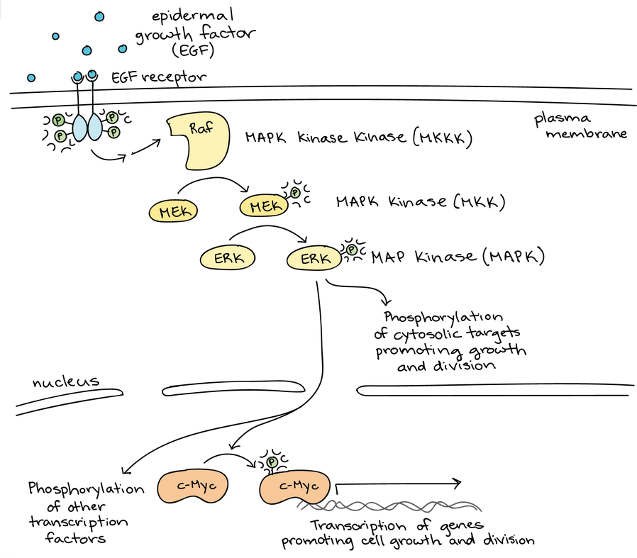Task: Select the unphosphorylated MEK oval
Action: (x=173, y=211)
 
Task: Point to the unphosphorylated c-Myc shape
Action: (x=191, y=486)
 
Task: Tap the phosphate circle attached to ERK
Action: (x=352, y=250)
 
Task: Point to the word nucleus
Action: (x=65, y=383)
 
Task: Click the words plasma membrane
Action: (x=581, y=126)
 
